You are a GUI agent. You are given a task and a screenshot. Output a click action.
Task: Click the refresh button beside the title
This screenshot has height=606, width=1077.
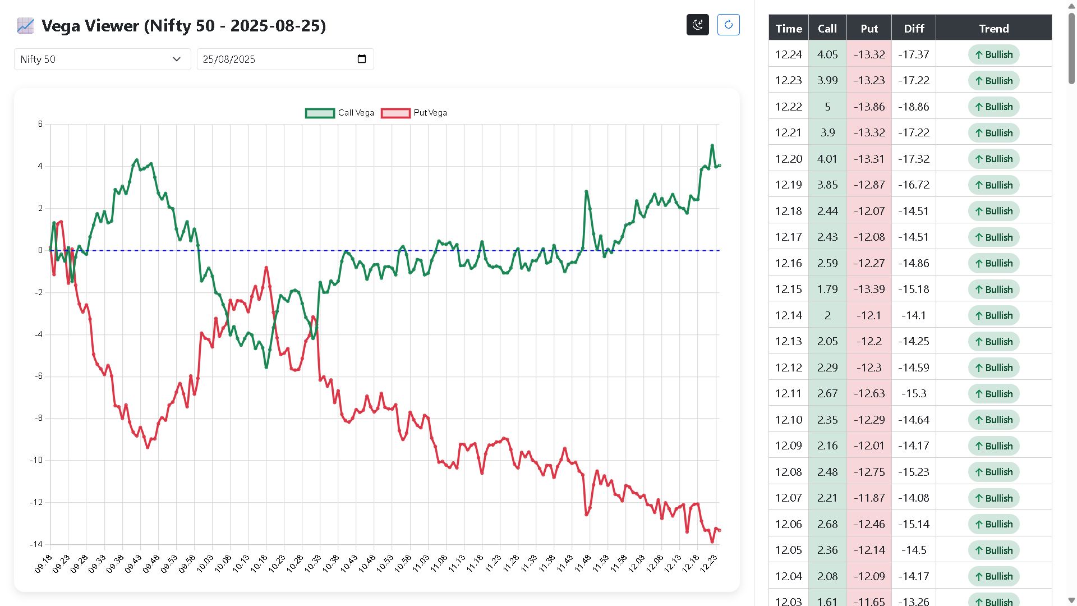[728, 25]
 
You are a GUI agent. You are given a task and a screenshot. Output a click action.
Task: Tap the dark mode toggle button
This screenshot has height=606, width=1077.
[697, 25]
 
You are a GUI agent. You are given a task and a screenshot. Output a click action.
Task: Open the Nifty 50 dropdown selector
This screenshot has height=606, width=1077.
[102, 59]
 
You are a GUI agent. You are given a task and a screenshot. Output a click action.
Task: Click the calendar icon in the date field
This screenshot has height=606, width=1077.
[362, 59]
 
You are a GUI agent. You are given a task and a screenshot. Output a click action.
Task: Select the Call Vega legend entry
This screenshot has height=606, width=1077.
[339, 113]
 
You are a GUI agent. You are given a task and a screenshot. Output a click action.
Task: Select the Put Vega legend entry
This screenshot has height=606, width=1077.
[414, 113]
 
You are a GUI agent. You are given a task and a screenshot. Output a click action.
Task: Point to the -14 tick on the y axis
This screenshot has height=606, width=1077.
[36, 544]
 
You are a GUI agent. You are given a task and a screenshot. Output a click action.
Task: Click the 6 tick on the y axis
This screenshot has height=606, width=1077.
[40, 124]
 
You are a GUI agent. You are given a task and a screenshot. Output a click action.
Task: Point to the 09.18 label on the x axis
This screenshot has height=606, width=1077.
[43, 564]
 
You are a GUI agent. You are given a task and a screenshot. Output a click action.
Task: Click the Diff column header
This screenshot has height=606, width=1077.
[914, 29]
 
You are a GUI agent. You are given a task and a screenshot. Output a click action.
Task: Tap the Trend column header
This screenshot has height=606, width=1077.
[993, 29]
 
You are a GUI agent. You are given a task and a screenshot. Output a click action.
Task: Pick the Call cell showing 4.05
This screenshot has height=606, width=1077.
[827, 54]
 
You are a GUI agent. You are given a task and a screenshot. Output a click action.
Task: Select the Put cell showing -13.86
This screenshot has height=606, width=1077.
[869, 107]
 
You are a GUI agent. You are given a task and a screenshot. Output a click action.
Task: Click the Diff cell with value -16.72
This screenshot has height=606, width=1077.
[914, 185]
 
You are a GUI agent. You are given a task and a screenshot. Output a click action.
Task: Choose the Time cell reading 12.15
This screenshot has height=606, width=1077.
[788, 289]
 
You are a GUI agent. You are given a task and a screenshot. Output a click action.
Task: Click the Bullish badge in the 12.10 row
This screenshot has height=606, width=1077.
[993, 420]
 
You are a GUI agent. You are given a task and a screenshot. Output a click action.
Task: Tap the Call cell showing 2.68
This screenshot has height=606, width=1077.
[827, 524]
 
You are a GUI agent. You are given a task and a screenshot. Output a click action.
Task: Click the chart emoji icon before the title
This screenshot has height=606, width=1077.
[25, 26]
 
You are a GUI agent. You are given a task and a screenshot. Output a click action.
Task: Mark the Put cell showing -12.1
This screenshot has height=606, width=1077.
[869, 315]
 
